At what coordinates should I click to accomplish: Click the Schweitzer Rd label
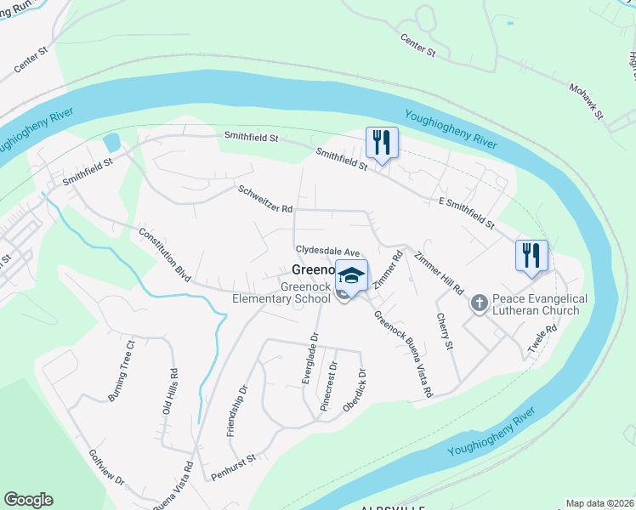coord(265,198)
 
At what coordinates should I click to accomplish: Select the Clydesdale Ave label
coord(328,252)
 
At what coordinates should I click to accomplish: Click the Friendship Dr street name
coord(237,411)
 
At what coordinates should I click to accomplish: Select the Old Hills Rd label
coord(169,390)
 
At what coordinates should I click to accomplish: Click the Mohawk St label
coord(585,101)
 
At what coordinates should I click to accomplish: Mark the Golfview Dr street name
coord(106,468)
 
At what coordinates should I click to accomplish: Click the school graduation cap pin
coord(351,275)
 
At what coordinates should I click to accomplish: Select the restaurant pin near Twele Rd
coord(531,256)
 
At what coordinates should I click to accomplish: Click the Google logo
coord(28,500)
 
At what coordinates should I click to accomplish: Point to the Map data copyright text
coord(599,503)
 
